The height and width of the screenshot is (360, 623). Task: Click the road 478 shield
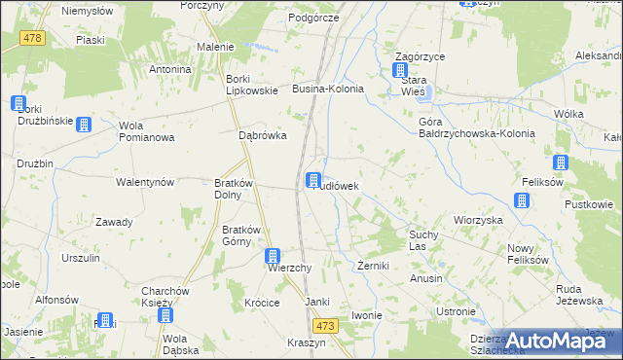tap(32, 37)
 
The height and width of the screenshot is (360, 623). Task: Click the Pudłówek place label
tap(341, 185)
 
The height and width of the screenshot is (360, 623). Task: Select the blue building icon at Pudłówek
tap(313, 180)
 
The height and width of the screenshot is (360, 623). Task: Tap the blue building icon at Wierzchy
tap(275, 256)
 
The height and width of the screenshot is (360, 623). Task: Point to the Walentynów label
tap(144, 182)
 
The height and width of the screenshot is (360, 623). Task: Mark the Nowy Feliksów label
tap(528, 255)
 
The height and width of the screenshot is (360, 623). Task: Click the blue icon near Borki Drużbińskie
tap(18, 103)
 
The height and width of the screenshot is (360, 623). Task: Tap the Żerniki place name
tap(373, 265)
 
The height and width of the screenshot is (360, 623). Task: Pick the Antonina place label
tap(169, 70)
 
